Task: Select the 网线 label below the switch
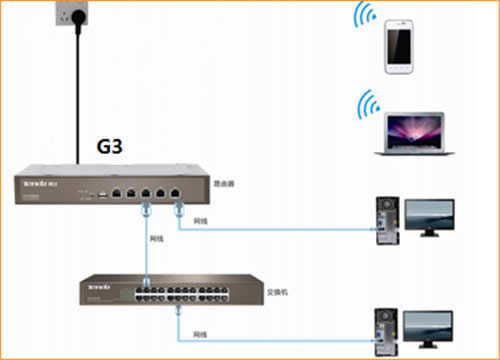click(200, 332)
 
